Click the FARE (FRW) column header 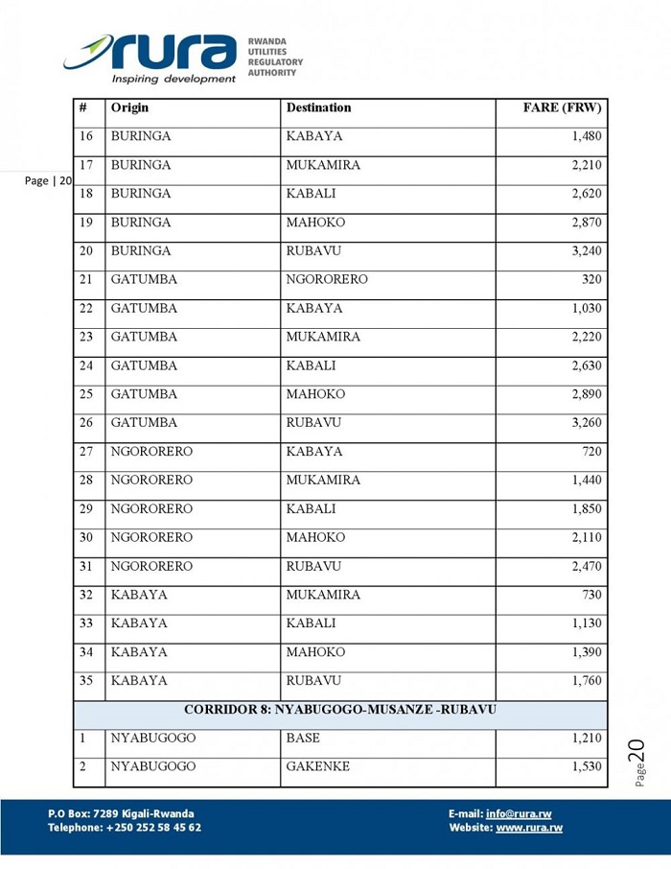562,108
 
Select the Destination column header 318,108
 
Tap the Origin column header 129,108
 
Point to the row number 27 86,452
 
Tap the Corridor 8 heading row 341,710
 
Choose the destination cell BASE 303,739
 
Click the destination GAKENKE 317,767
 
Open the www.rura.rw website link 529,828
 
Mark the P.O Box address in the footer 121,813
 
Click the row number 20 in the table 86,251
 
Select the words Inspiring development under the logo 174,79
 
